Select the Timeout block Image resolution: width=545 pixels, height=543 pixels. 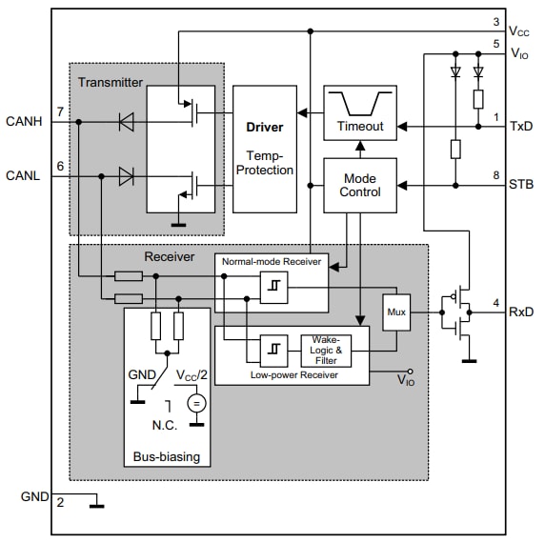click(360, 113)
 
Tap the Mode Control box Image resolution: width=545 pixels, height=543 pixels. click(360, 185)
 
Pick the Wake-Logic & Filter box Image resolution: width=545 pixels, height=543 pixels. click(326, 351)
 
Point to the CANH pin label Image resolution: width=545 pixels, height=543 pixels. click(25, 121)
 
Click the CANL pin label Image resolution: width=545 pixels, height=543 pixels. click(25, 175)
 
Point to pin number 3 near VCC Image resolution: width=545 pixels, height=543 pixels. click(495, 21)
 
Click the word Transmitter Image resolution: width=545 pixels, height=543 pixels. click(110, 82)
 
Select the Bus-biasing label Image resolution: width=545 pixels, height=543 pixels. click(167, 456)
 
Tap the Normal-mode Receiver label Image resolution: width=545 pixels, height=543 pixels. click(272, 261)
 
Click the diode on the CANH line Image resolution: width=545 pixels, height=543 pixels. click(124, 121)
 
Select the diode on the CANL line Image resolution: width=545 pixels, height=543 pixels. click(124, 175)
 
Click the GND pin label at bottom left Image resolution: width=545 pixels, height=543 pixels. click(35, 496)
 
